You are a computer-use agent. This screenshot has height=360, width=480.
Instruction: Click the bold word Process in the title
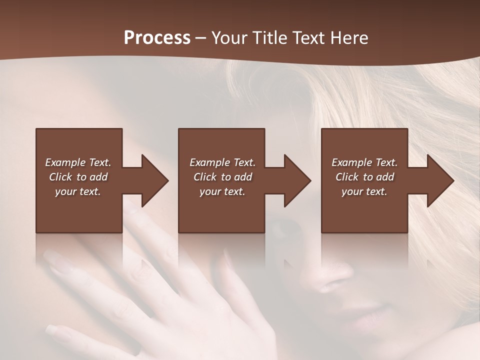pos(157,38)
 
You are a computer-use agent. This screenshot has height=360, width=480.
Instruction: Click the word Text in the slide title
pos(308,38)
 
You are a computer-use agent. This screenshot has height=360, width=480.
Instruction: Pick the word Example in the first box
pos(65,162)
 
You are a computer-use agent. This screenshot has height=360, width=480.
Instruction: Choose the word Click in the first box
pos(61,177)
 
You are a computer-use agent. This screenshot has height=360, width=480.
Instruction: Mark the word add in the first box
pos(98,177)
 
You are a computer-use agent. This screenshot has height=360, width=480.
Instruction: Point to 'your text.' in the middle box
pos(222,191)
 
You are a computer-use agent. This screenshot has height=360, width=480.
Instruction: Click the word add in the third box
pos(385,177)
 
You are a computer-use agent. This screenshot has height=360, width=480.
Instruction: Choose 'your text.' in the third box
pos(364,191)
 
